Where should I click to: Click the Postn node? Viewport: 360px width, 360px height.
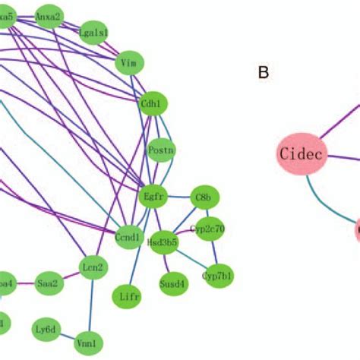[x=161, y=150]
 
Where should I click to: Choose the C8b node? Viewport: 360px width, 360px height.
[x=203, y=197]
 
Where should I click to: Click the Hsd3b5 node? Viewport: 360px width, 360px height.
[x=162, y=242]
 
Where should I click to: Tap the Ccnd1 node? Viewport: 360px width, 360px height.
[x=128, y=237]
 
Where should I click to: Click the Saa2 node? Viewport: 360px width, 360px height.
[x=47, y=284]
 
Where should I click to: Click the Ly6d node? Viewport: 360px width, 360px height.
[x=46, y=329]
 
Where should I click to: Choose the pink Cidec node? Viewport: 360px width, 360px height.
[x=300, y=154]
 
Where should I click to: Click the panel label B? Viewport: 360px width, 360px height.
[x=264, y=73]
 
